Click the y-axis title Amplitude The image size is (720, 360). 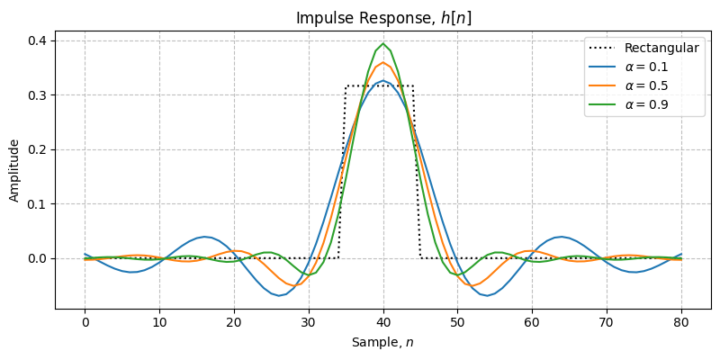point(14,170)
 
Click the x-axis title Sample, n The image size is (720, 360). point(383,342)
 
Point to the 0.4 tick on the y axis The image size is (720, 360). point(38,40)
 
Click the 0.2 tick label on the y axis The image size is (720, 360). point(38,149)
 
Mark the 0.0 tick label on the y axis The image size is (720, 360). point(38,258)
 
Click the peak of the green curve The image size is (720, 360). point(383,43)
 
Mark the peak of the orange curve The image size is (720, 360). point(383,62)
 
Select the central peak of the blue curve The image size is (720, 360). point(383,81)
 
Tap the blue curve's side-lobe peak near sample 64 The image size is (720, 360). point(562,237)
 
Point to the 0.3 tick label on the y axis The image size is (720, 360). point(38,94)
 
